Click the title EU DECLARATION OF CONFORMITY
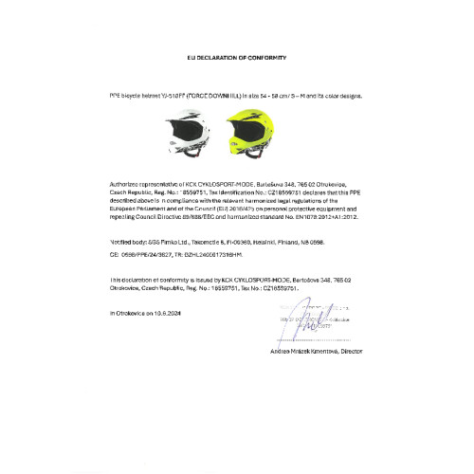click(x=236, y=58)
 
